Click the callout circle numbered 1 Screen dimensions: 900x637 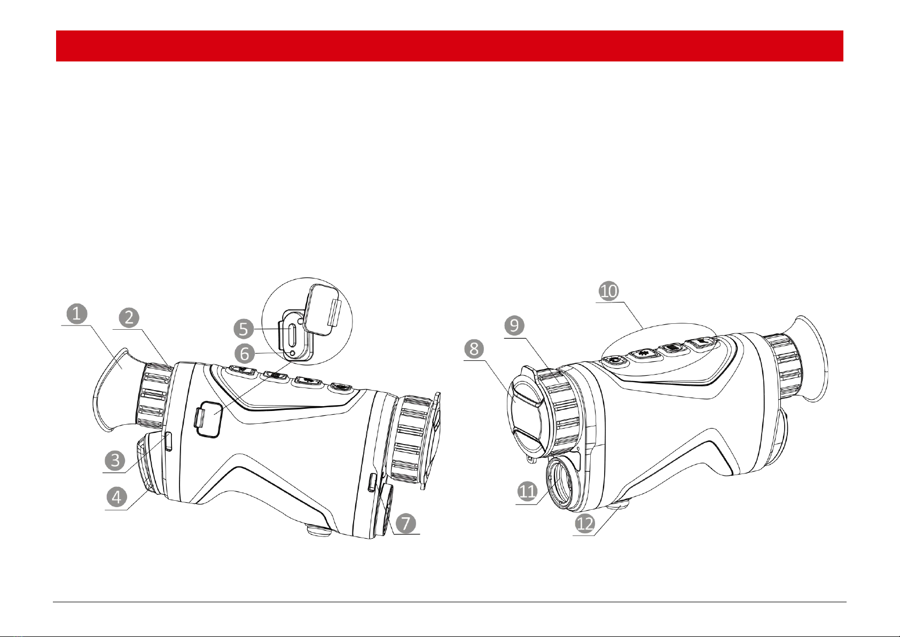pyautogui.click(x=76, y=314)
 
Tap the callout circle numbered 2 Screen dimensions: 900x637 pyautogui.click(x=129, y=318)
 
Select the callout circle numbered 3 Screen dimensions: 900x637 pyautogui.click(x=115, y=460)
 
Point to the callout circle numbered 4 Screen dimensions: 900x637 pyautogui.click(x=116, y=497)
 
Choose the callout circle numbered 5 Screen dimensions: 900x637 pyautogui.click(x=244, y=329)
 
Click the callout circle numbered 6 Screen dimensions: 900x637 pyautogui.click(x=244, y=354)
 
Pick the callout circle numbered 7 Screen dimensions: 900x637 pyautogui.click(x=406, y=523)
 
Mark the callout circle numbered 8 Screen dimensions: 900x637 pyautogui.click(x=474, y=349)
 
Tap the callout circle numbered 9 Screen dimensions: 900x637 pyautogui.click(x=514, y=325)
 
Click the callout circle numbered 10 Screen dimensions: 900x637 pyautogui.click(x=609, y=291)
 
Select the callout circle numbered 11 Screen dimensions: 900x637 pyautogui.click(x=527, y=491)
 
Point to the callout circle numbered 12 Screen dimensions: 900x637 pyautogui.click(x=585, y=524)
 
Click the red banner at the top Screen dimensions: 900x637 pyautogui.click(x=450, y=46)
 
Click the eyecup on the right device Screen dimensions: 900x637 pyautogui.click(x=812, y=359)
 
